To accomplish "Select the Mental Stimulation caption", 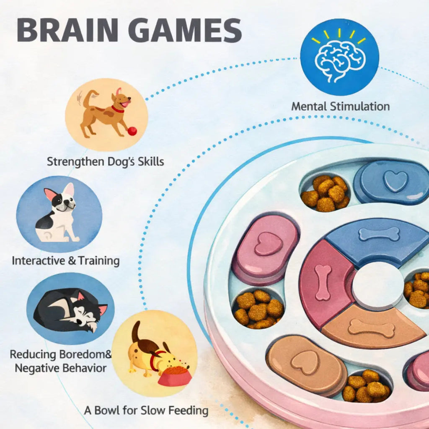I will [340, 106].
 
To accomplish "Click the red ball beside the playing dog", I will [132, 131].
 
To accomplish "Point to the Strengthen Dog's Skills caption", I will [105, 161].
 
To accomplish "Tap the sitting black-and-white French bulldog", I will [59, 214].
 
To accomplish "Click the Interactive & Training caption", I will [66, 261].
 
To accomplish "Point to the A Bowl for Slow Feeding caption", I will [146, 410].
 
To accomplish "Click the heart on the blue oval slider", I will [395, 181].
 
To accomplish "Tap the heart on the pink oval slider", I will [269, 244].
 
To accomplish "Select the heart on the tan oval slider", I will [305, 362].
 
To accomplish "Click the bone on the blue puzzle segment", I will [379, 234].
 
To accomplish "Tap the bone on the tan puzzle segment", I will [372, 328].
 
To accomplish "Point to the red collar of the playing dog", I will [118, 110].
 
